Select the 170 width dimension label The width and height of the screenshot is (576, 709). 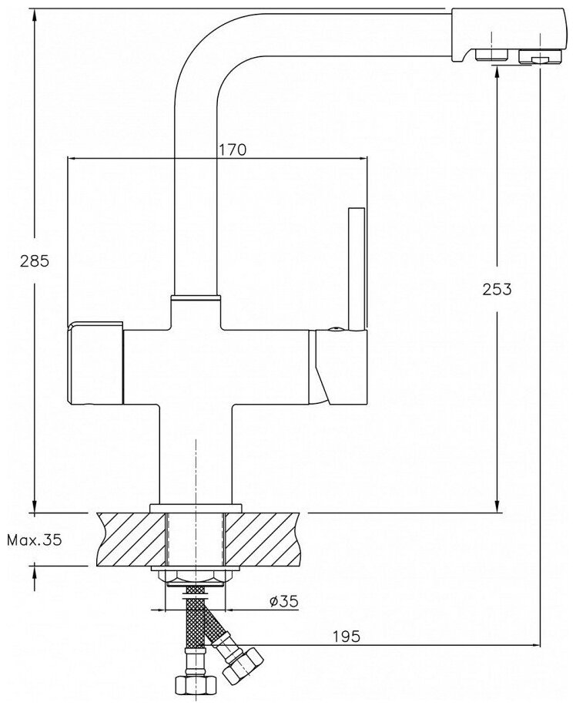232,150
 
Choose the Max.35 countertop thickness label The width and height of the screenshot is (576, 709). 33,539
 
